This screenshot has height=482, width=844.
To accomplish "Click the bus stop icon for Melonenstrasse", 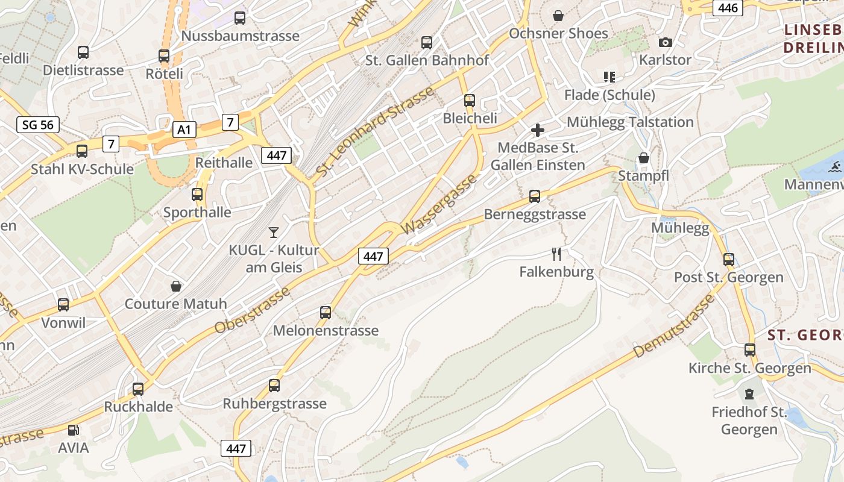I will [x=326, y=312].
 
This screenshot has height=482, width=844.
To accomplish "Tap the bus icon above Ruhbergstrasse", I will [x=274, y=385].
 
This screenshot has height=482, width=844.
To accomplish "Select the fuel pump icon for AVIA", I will [x=73, y=430].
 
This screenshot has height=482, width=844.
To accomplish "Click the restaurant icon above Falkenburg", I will [x=556, y=254].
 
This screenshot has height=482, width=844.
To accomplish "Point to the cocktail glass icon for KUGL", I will [x=274, y=231].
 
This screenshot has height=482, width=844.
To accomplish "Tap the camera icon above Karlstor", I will [x=665, y=42].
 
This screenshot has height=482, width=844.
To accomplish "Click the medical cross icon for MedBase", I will [x=537, y=130].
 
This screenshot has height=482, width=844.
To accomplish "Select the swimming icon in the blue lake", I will [x=835, y=167].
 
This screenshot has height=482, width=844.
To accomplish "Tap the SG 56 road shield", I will [x=38, y=125].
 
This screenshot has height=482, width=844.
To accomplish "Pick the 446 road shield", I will [x=728, y=8].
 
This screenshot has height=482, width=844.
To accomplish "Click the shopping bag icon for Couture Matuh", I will [x=176, y=286].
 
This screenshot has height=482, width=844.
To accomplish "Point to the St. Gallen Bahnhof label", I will [x=427, y=60].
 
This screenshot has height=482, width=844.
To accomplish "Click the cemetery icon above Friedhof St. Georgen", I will [x=749, y=394].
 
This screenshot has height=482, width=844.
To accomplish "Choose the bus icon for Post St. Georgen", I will [x=729, y=260].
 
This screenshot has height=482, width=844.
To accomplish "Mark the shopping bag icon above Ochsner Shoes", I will [x=558, y=15].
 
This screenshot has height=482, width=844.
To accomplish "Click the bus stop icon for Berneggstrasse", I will [x=534, y=196].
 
